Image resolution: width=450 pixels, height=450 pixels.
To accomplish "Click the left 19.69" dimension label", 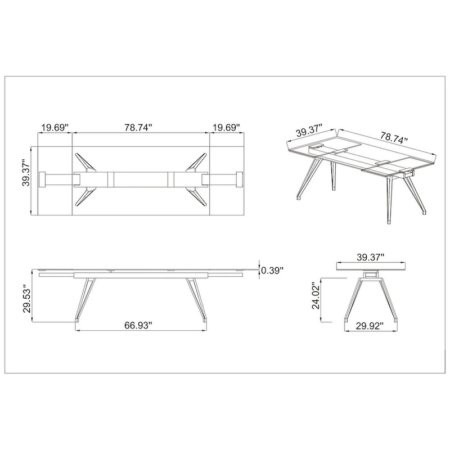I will [x=55, y=128].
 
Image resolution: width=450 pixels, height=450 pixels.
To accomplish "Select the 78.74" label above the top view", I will [x=140, y=128].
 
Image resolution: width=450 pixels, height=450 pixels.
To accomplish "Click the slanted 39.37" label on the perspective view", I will [x=308, y=132].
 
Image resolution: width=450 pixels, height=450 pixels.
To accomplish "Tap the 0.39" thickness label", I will [x=272, y=271].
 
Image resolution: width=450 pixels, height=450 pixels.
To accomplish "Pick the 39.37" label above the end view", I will [x=371, y=257].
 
